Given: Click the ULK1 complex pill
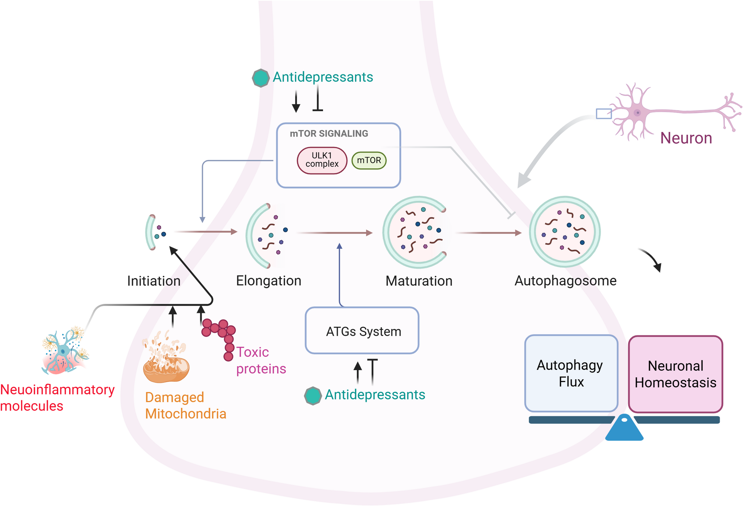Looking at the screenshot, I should [322, 160].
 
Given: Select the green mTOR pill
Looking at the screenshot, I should [369, 160].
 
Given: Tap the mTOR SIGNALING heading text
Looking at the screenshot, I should [328, 134].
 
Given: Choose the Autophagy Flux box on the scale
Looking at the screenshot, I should [571, 373].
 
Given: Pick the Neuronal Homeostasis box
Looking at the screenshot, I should [675, 374].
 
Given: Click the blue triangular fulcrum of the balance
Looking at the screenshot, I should [624, 429].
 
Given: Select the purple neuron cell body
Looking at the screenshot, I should [637, 113].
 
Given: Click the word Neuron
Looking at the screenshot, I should [686, 138].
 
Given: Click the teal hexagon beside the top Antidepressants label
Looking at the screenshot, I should [261, 78].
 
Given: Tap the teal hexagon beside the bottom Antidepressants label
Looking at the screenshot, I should [313, 395].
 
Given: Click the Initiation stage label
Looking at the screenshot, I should [154, 281].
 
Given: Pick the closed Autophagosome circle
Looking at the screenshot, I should [564, 232].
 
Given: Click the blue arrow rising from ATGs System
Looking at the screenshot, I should [339, 274].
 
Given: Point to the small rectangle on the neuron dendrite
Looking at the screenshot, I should [604, 113].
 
